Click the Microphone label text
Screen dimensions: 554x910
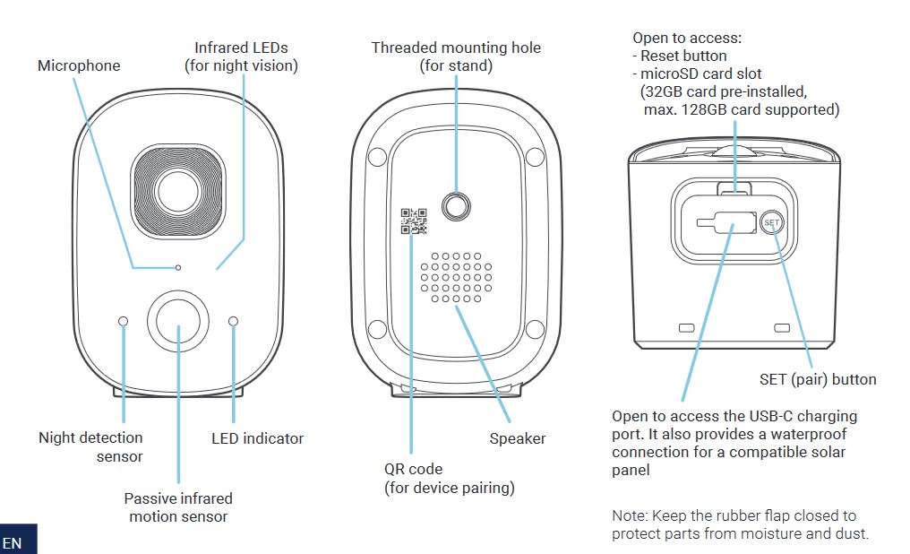79,65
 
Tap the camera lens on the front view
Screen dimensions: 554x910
176,190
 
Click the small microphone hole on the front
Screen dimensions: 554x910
179,267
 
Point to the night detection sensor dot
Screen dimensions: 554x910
123,321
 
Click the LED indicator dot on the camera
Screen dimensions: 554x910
234,321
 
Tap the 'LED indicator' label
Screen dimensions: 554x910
257,438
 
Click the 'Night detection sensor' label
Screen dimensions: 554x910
90,446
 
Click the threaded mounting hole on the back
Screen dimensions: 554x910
457,206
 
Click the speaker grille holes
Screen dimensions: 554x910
456,276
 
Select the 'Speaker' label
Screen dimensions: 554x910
517,438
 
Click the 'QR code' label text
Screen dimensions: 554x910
413,469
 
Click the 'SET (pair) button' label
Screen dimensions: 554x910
817,379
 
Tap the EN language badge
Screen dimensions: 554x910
13,543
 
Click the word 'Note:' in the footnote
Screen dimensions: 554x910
629,515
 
